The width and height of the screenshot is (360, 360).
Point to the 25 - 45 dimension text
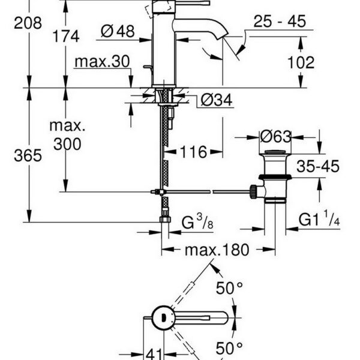pyautogui.click(x=279, y=22)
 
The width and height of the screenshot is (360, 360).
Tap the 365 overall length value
pyautogui.click(x=28, y=155)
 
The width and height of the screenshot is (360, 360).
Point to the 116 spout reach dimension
pyautogui.click(x=190, y=152)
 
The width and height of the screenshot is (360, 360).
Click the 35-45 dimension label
pyautogui.click(x=317, y=166)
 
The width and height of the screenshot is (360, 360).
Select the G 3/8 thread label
pyautogui.click(x=196, y=223)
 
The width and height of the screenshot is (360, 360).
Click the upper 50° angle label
pyautogui.click(x=229, y=289)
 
